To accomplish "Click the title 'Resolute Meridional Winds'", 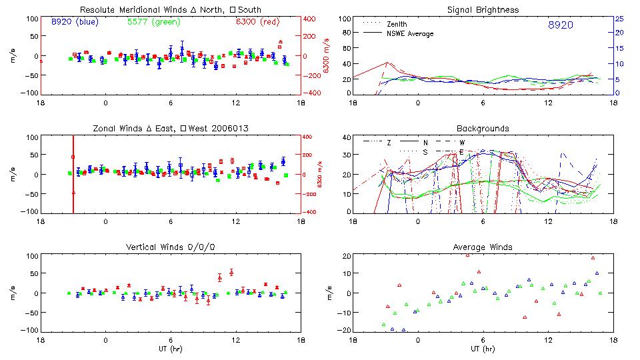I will click(x=125, y=9).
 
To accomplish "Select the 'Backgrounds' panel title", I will click(x=483, y=128).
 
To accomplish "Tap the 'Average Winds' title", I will click(x=483, y=247).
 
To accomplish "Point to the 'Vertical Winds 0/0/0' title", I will click(x=171, y=247).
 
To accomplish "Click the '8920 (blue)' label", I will click(x=75, y=22).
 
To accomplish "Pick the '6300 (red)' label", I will click(x=257, y=22).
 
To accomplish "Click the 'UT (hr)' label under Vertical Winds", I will click(x=171, y=349).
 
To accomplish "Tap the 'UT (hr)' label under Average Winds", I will click(x=483, y=349).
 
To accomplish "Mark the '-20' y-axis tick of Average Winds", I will click(x=344, y=330).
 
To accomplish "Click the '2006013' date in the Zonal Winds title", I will click(x=238, y=128).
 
